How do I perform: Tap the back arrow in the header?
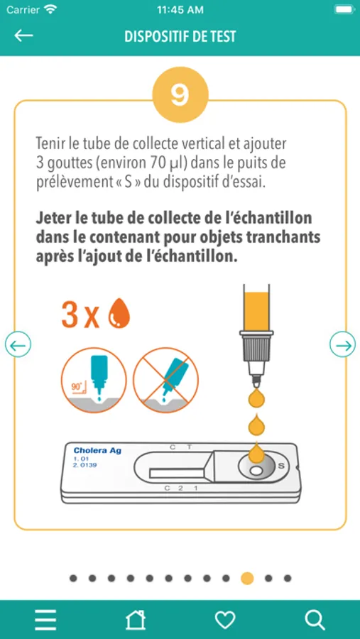coord(23,35)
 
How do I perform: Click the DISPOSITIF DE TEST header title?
coord(180,36)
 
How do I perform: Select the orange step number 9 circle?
coord(180,94)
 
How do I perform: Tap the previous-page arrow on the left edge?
coord(18,346)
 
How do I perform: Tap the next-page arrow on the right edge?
coord(342,346)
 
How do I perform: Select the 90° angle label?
coord(77,387)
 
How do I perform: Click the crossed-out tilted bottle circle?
coord(166,381)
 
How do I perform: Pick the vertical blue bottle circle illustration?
coord(94,381)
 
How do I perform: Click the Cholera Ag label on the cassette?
coord(97,450)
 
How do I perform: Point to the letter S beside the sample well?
coord(280,466)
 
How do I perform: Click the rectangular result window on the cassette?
coord(177,473)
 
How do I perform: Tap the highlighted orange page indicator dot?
coord(247,578)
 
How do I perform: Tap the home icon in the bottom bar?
coord(136,619)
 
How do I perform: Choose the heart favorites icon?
coord(225,620)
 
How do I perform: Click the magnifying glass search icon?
coord(315,620)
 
